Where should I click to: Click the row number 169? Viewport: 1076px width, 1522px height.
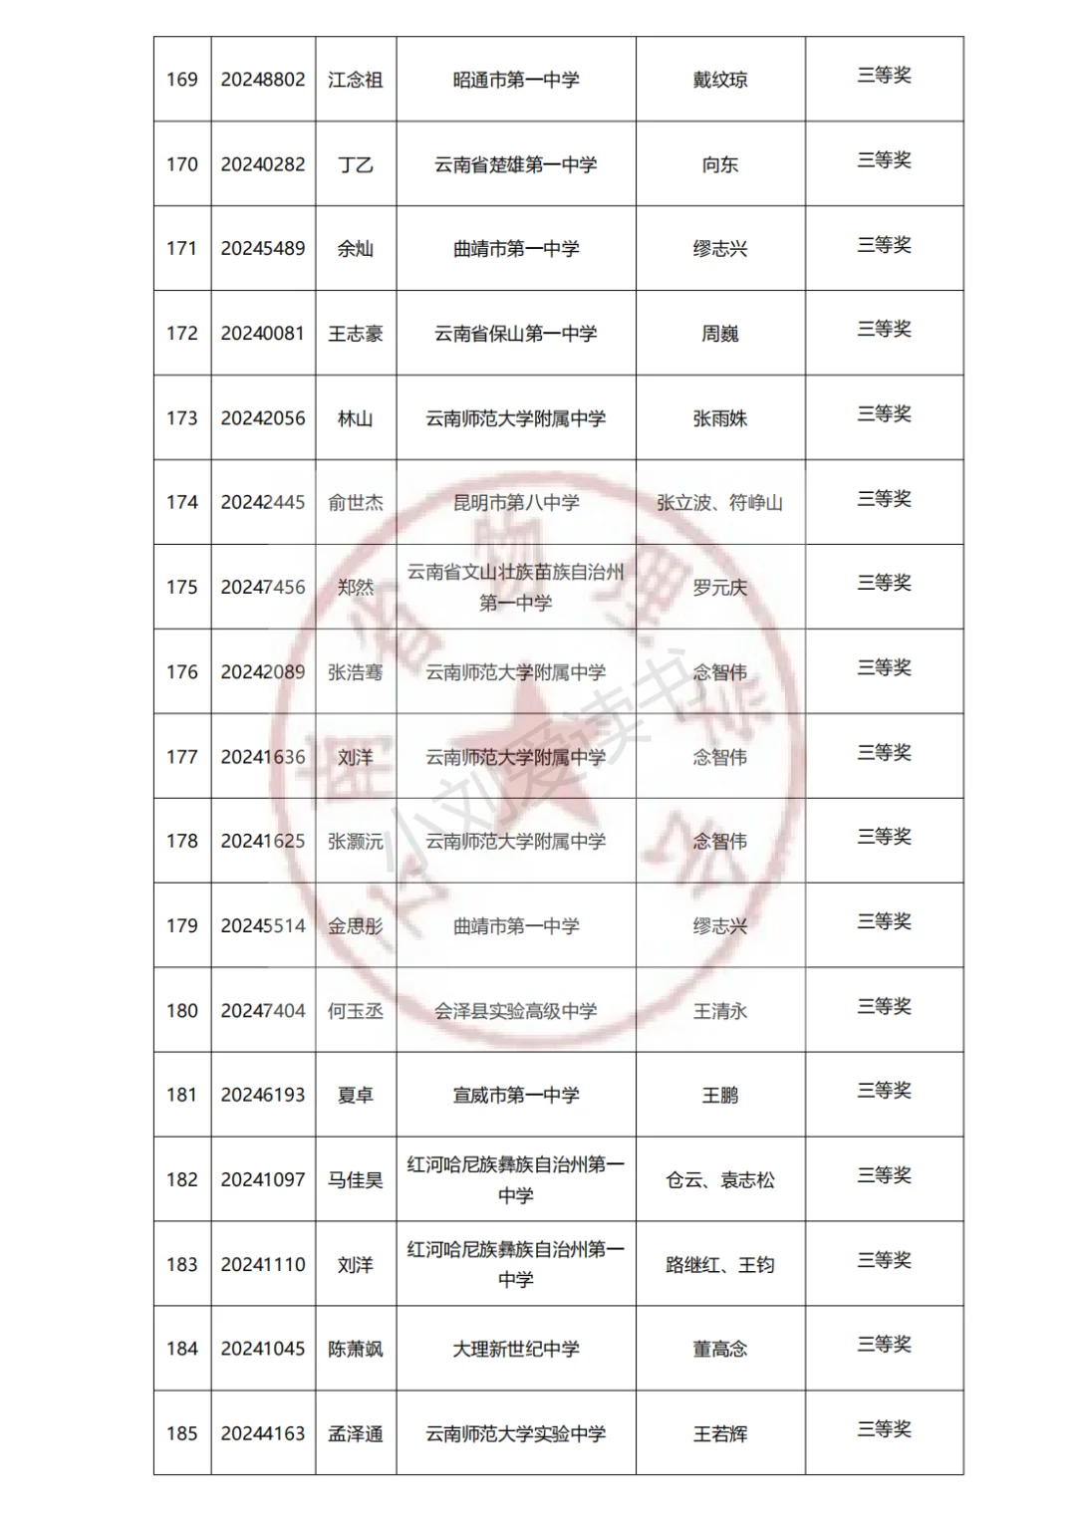click(181, 80)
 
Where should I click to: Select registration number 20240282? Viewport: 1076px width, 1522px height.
click(263, 164)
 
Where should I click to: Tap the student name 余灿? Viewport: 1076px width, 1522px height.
click(356, 249)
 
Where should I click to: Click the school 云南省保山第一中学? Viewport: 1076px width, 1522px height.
click(516, 334)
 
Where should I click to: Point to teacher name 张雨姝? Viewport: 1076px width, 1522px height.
click(720, 418)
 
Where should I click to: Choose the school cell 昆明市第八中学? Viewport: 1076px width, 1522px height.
click(516, 503)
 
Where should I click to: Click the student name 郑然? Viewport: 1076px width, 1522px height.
click(356, 588)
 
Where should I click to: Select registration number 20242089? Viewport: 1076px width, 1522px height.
click(263, 672)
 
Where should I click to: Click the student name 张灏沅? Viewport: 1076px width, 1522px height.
click(356, 842)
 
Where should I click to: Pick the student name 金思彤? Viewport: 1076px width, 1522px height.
click(356, 926)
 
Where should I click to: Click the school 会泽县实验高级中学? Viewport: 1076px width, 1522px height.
click(516, 1011)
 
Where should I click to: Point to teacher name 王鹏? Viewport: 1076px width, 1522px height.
click(720, 1096)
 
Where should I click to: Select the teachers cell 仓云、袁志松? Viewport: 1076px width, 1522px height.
click(720, 1180)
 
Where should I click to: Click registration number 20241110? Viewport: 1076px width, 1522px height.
click(263, 1265)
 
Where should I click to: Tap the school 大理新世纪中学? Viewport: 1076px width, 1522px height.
click(516, 1350)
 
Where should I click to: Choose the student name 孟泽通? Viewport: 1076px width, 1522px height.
click(356, 1434)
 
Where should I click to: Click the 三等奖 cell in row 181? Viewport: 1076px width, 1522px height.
click(885, 1092)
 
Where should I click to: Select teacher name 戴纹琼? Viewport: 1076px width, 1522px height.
click(720, 80)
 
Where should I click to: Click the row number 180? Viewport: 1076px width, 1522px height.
click(181, 1011)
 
